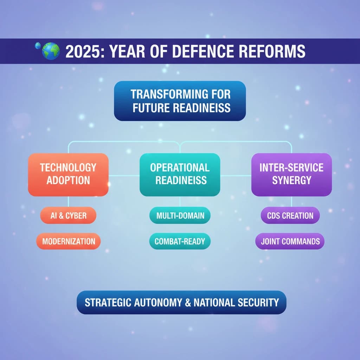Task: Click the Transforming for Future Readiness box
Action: tap(180, 101)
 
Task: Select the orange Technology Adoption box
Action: tap(68, 174)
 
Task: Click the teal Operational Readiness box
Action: tap(180, 174)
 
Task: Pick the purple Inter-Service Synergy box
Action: tap(291, 174)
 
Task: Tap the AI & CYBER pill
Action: tap(68, 216)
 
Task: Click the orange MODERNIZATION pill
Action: tap(68, 242)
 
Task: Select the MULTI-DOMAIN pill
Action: tap(180, 216)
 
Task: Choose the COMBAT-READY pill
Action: tap(180, 242)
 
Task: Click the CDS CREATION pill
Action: tap(290, 216)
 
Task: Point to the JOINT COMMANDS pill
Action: tap(290, 242)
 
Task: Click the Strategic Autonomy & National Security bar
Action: tap(181, 302)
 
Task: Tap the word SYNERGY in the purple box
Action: tap(291, 181)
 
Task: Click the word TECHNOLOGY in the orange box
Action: tap(68, 168)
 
